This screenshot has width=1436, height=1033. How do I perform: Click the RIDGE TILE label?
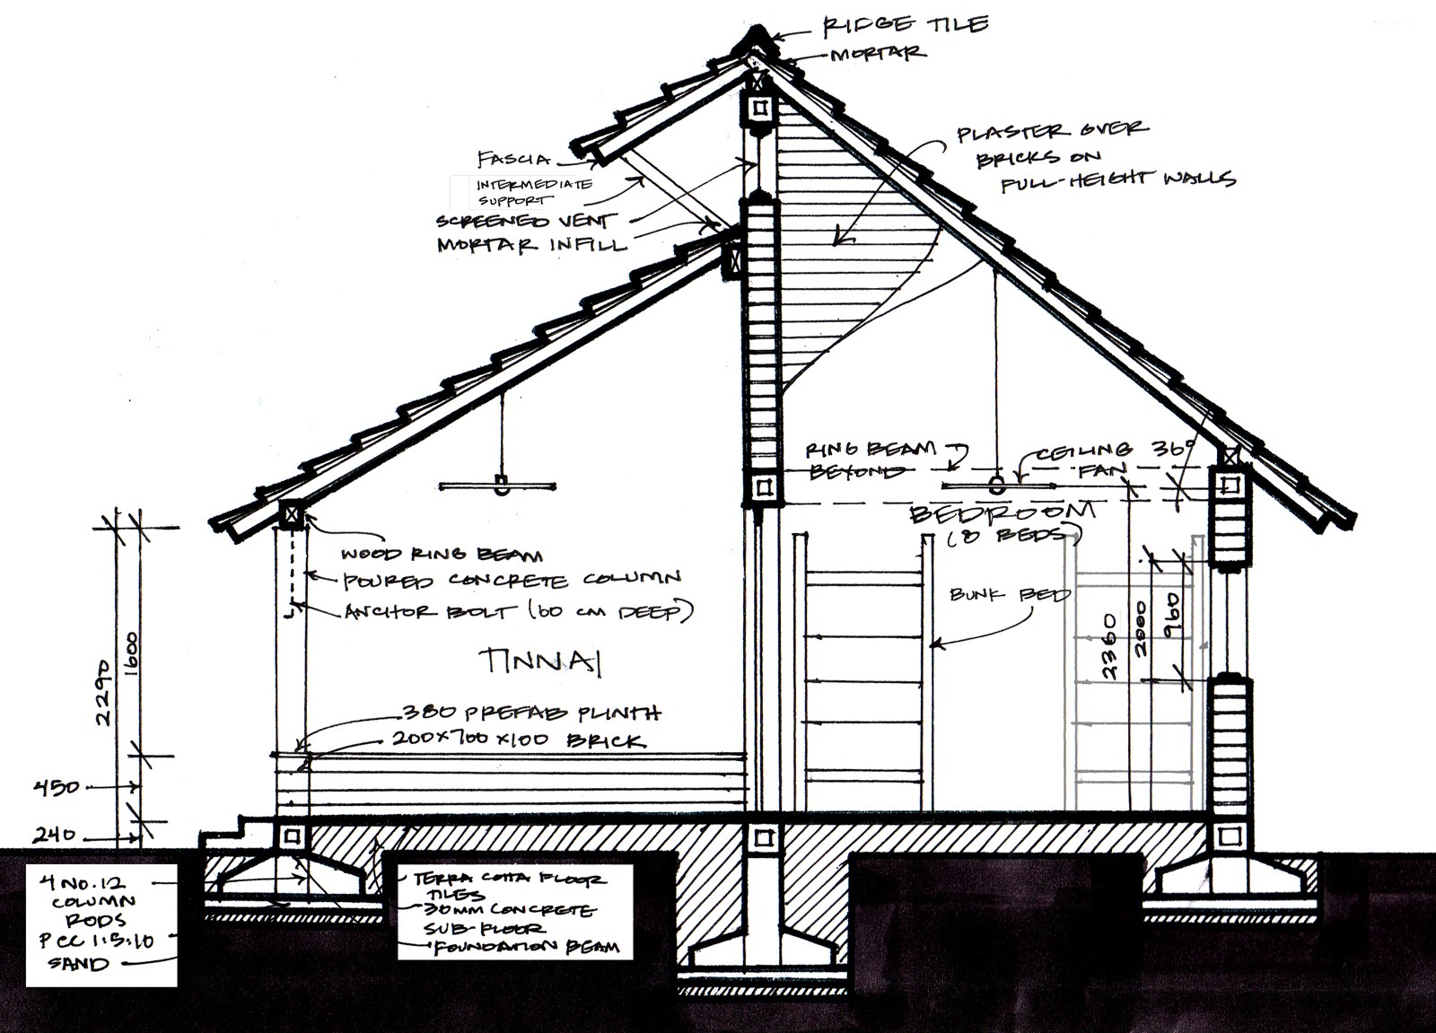(x=905, y=25)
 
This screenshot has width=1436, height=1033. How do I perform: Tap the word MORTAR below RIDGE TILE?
(x=877, y=55)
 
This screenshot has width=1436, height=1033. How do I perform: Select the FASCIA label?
(x=513, y=160)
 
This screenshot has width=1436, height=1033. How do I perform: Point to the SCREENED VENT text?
(x=526, y=221)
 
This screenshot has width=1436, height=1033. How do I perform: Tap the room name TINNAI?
(x=538, y=661)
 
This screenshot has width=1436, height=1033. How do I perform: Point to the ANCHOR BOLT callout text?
(x=519, y=612)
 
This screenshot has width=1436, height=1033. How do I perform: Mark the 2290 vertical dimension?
(x=104, y=693)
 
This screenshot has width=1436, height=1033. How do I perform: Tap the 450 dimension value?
(x=57, y=788)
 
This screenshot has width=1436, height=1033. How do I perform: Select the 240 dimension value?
(x=55, y=836)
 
